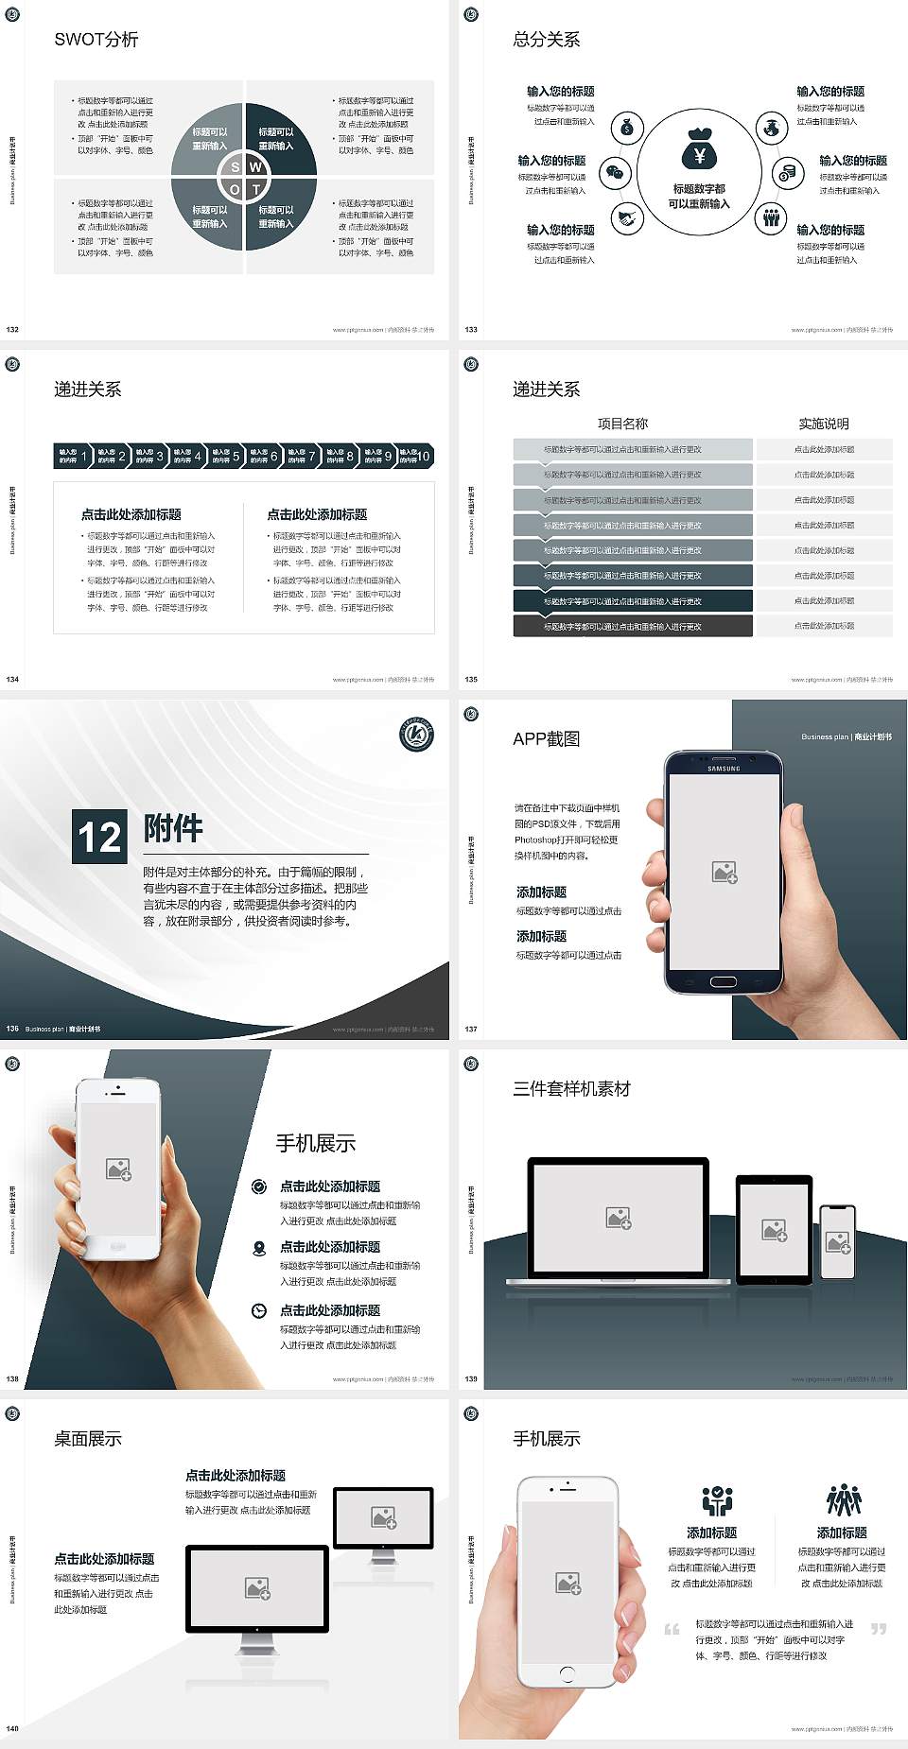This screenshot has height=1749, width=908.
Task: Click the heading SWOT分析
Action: click(x=96, y=40)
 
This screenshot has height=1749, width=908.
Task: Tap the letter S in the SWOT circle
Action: click(x=236, y=167)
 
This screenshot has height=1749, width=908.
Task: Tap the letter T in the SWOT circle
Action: click(x=256, y=190)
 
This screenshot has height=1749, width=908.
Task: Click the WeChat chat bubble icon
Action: click(x=616, y=172)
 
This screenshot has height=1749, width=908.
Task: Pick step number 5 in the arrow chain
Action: click(x=236, y=457)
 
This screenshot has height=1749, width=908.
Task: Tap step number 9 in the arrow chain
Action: click(x=388, y=457)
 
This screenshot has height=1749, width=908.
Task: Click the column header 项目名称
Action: click(x=622, y=424)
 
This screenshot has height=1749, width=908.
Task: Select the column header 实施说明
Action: click(x=823, y=424)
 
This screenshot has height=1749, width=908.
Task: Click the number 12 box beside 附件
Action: click(x=99, y=837)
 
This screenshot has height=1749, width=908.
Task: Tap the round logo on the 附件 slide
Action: click(x=416, y=735)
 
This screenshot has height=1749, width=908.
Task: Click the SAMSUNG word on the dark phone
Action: click(x=724, y=769)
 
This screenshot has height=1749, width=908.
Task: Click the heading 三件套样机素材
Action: click(x=571, y=1089)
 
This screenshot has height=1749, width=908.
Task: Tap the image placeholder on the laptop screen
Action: click(x=619, y=1218)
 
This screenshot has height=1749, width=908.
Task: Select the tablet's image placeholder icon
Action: click(x=774, y=1230)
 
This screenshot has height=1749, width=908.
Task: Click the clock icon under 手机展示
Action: click(x=259, y=1310)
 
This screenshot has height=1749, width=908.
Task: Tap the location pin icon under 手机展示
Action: click(x=259, y=1248)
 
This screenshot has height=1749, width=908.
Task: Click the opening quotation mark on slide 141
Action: click(x=672, y=1629)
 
